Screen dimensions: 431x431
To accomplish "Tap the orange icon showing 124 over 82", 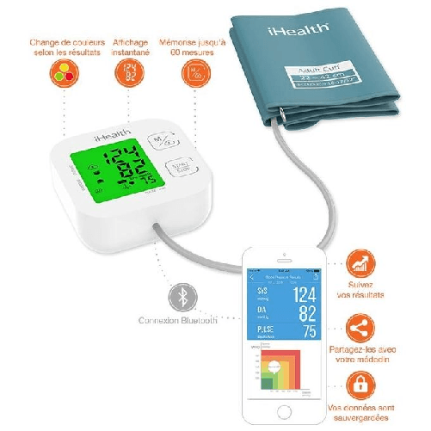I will [x=130, y=73].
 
